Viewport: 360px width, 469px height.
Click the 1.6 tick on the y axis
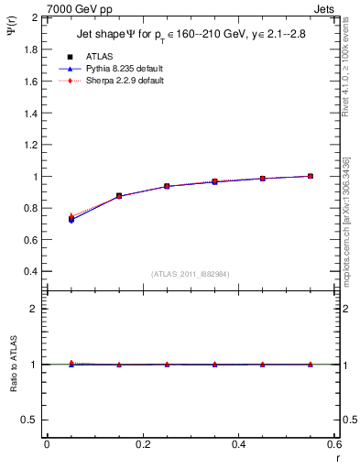(30, 82)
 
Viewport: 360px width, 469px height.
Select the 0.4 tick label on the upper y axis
(30, 272)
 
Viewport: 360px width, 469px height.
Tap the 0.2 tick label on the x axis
(142, 444)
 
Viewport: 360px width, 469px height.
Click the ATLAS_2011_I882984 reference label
(191, 274)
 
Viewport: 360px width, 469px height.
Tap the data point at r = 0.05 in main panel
(71, 220)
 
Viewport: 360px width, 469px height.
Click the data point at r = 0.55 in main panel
(311, 176)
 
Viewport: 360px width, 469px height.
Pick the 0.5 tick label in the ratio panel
(30, 420)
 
